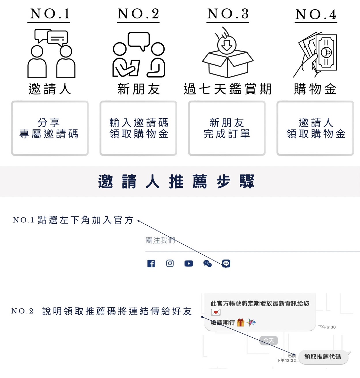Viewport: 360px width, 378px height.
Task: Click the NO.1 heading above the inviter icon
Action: pos(50,14)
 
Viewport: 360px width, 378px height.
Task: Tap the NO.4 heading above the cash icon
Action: pos(316,14)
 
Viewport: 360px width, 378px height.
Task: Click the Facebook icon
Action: pos(151,263)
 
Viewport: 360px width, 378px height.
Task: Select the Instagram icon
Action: pos(170,263)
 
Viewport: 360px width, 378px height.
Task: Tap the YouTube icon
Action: pos(189,263)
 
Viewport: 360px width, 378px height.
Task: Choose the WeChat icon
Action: pos(208,263)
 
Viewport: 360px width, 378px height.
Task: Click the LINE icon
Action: pos(226,263)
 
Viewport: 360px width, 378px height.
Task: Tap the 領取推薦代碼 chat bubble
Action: pos(323,357)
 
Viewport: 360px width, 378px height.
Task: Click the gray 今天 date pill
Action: pos(269,341)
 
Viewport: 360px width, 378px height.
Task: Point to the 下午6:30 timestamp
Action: pos(327,327)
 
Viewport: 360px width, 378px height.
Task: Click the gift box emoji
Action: pos(240,322)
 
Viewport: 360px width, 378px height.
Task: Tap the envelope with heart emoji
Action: pos(216,312)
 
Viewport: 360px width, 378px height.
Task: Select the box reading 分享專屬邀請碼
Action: pos(50,128)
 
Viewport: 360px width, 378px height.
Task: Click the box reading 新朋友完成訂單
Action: pos(227,128)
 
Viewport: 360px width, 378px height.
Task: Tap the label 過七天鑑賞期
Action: pos(228,89)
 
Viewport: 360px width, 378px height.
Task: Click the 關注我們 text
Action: pos(160,240)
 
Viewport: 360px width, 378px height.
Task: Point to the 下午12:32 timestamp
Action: pos(286,360)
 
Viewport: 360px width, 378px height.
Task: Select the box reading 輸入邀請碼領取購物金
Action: pos(138,128)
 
